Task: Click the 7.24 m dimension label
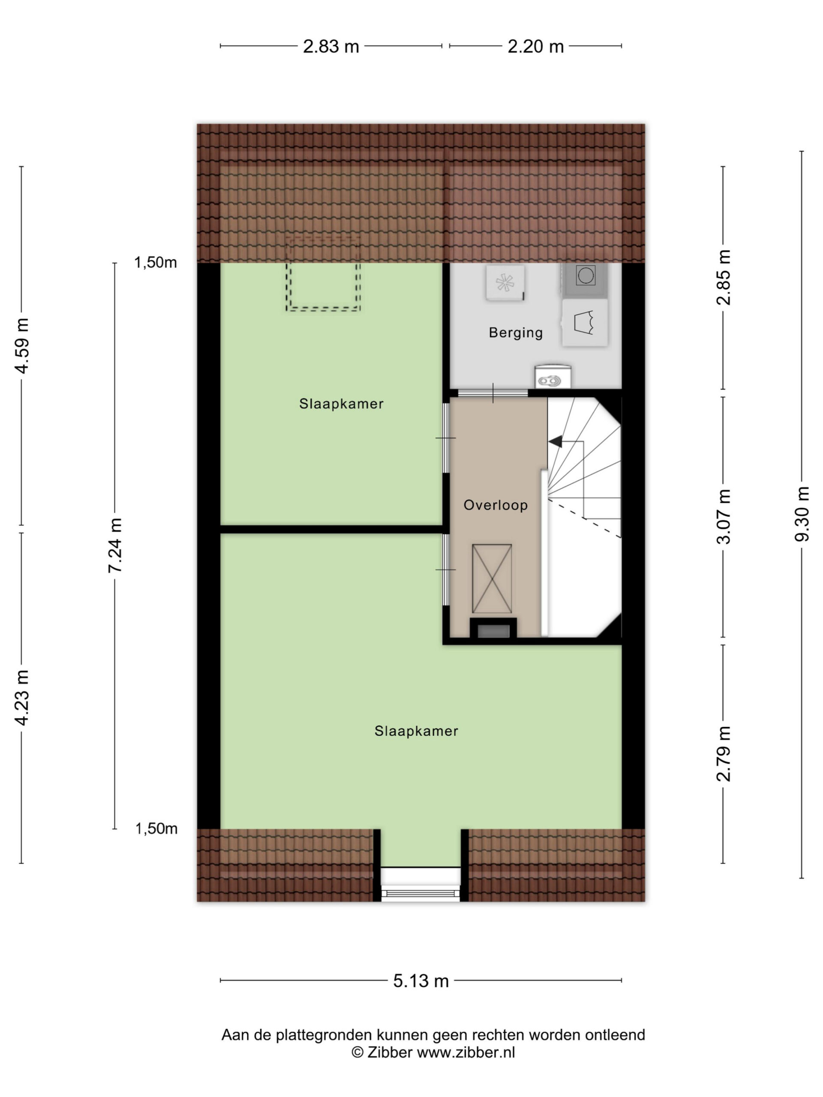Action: coord(115,546)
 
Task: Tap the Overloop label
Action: coord(495,505)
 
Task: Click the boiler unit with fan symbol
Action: coord(505,283)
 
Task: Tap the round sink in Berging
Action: coord(553,377)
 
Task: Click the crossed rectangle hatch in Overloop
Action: coord(492,579)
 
